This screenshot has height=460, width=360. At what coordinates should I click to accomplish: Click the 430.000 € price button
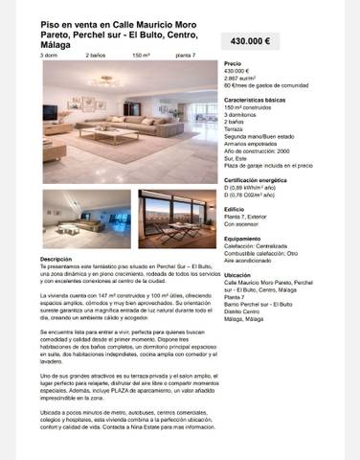click(251, 41)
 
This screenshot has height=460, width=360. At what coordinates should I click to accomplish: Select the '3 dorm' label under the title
click(48, 56)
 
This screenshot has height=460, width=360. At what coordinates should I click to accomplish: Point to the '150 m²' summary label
click(141, 56)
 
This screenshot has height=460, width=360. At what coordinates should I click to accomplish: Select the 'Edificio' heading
click(235, 209)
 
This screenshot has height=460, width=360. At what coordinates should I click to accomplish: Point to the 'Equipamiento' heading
click(242, 238)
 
